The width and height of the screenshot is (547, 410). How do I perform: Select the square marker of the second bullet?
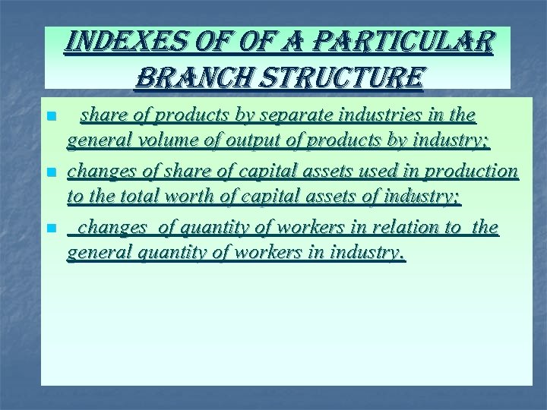(x=50, y=174)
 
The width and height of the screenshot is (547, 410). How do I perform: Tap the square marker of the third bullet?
(x=50, y=229)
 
